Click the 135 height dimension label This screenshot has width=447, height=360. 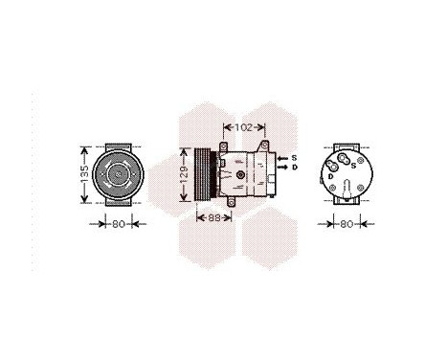[x=84, y=174]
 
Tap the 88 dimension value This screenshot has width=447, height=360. [x=213, y=217]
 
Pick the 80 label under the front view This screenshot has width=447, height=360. [x=118, y=226]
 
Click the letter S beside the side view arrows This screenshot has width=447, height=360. [x=294, y=157]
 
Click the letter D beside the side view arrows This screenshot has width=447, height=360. [x=294, y=168]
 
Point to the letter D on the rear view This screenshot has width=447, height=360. [x=330, y=176]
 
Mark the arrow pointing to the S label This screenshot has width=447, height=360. [x=282, y=157]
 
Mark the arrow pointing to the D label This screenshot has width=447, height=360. [x=282, y=168]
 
